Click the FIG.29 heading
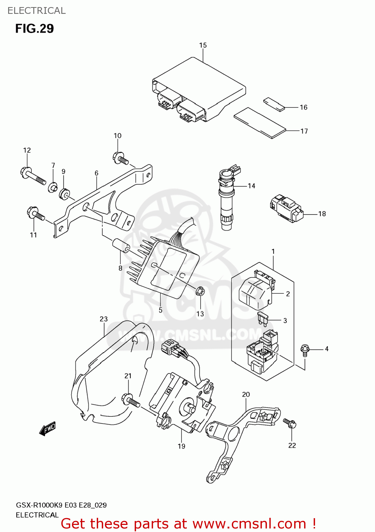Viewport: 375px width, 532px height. coord(34,28)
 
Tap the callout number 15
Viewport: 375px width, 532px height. coord(203,45)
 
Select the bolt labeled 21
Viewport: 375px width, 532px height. coord(130,401)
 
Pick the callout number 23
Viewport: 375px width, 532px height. coord(103,319)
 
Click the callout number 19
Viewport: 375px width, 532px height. coord(181,446)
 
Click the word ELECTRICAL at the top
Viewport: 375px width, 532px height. coord(37,11)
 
